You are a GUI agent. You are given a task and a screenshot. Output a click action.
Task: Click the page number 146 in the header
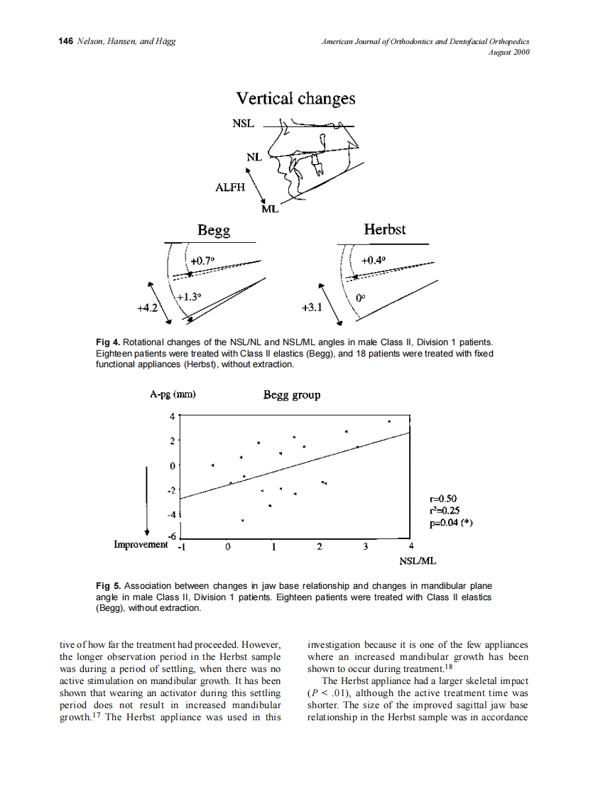click(66, 42)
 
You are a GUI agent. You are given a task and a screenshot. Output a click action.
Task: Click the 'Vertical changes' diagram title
click(295, 99)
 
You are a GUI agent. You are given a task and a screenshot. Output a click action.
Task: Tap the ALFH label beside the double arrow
click(229, 188)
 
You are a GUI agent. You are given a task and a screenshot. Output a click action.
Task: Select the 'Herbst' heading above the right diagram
click(384, 229)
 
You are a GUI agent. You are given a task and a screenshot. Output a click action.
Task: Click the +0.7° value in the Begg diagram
click(202, 261)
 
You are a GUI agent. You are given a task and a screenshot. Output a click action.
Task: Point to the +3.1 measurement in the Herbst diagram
click(312, 308)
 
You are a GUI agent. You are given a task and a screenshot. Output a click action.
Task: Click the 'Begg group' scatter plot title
click(291, 395)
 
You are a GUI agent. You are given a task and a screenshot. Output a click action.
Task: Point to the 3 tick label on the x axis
click(365, 547)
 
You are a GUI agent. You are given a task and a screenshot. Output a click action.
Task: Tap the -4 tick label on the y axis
click(170, 514)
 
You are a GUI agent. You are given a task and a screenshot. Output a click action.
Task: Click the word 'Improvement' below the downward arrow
click(141, 544)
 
